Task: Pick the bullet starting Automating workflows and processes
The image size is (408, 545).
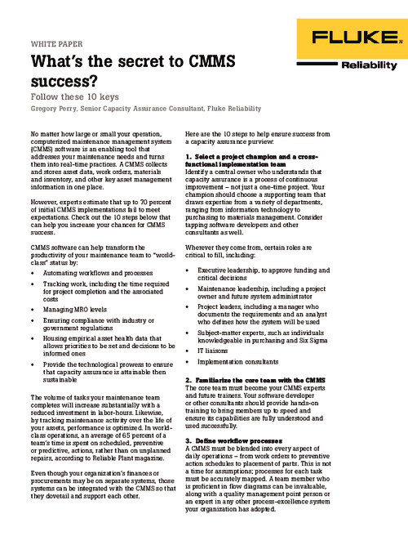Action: [x=93, y=225]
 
